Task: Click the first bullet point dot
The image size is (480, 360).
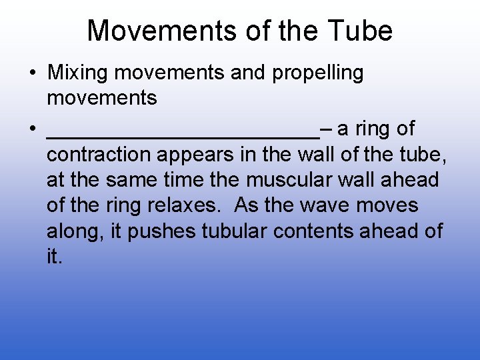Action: [32, 73]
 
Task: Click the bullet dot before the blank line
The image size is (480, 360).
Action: [32, 129]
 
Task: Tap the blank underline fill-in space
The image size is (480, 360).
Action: [183, 133]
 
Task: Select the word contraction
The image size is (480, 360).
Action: [99, 155]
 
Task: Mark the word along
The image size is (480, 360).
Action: [69, 231]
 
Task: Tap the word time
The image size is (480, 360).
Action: [182, 180]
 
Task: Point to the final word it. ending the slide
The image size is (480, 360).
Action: [55, 257]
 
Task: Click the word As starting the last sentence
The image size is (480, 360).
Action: [247, 205]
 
